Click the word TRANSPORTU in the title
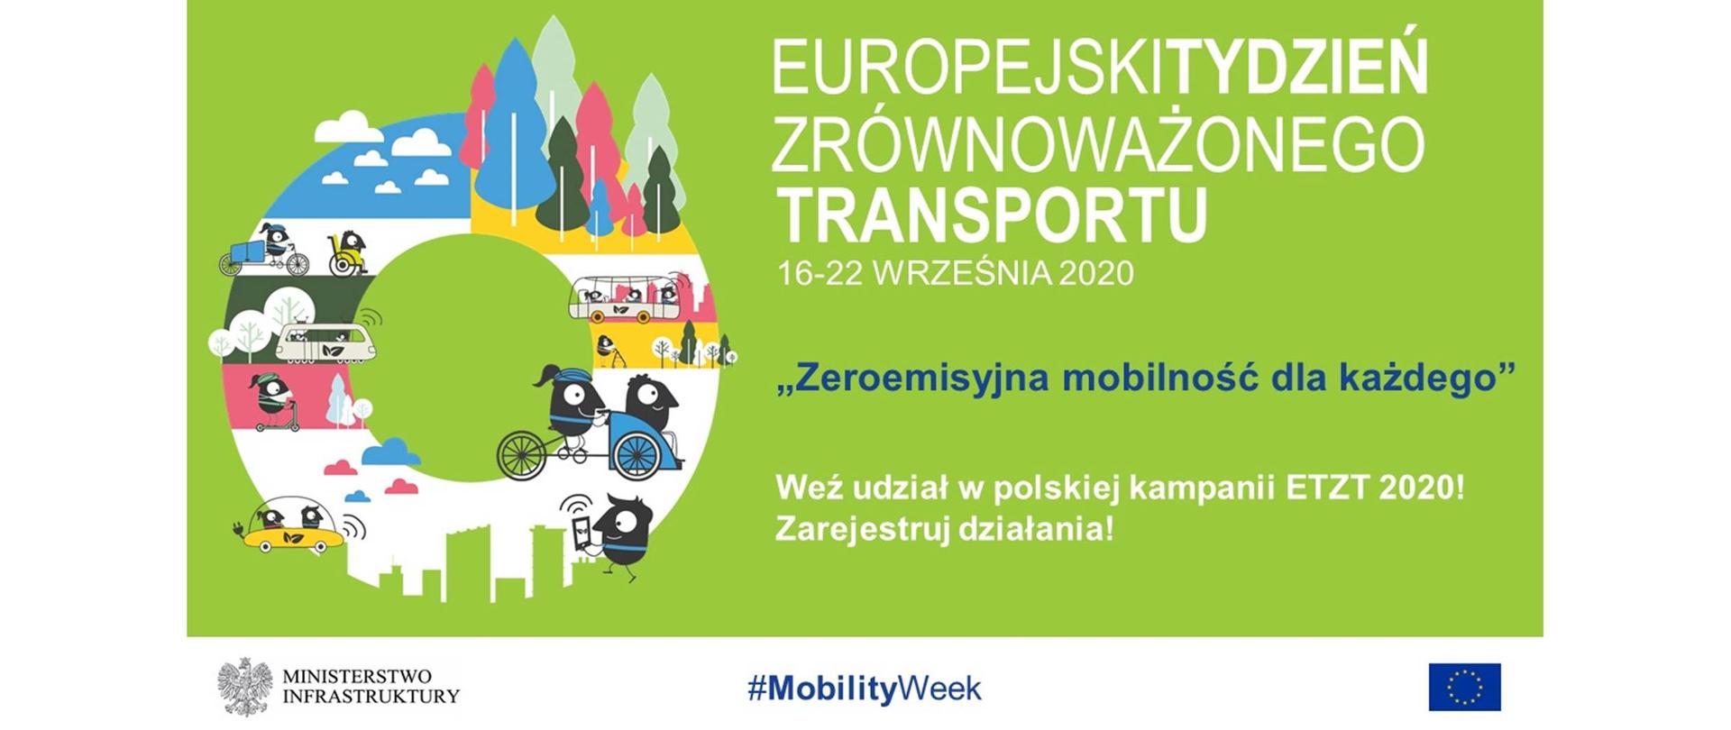pyautogui.click(x=992, y=214)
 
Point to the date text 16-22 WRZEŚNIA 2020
pyautogui.click(x=955, y=272)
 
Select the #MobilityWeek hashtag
pyautogui.click(x=864, y=689)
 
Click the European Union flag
pyautogui.click(x=1464, y=687)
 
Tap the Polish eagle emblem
pyautogui.click(x=245, y=687)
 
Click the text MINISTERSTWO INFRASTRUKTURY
pyautogui.click(x=371, y=687)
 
